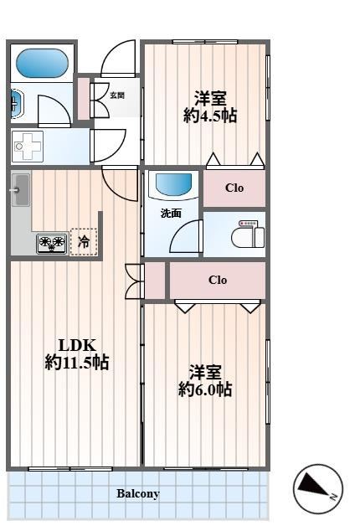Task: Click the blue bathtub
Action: click(x=43, y=63)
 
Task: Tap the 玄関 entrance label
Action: click(x=117, y=95)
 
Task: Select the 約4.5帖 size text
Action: click(x=210, y=116)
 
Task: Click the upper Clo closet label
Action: click(x=235, y=188)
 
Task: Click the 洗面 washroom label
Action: click(x=171, y=213)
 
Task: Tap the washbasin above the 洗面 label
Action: click(x=173, y=185)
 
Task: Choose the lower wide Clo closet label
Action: click(x=218, y=280)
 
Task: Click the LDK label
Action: click(x=77, y=344)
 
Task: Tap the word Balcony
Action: click(x=138, y=493)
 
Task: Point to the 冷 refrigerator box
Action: click(x=84, y=242)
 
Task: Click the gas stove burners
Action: click(x=51, y=243)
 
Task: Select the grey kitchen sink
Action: click(x=20, y=192)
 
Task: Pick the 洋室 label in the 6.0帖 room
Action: click(x=205, y=370)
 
